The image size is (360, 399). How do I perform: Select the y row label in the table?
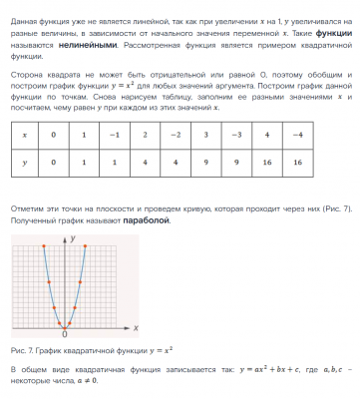point(24,160)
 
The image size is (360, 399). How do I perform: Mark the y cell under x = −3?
point(235,160)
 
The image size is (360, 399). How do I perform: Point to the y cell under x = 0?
point(56,160)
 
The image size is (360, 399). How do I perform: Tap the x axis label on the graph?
point(135,325)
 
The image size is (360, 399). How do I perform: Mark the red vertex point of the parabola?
point(65,326)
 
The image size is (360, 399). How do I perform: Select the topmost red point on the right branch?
point(88,244)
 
